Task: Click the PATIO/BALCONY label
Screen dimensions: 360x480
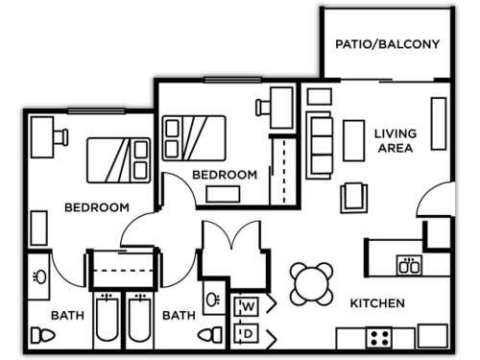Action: pyautogui.click(x=386, y=44)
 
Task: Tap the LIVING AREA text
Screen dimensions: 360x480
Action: pyautogui.click(x=394, y=141)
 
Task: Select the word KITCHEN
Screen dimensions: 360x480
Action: pyautogui.click(x=376, y=303)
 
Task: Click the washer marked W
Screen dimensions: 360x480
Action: pyautogui.click(x=247, y=306)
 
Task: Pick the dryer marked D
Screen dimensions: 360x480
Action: pyautogui.click(x=247, y=333)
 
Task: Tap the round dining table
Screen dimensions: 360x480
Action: pyautogui.click(x=312, y=284)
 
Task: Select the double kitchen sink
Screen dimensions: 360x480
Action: pyautogui.click(x=410, y=266)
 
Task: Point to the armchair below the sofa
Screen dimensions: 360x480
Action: pyautogui.click(x=353, y=195)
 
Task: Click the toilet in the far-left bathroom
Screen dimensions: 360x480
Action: pyautogui.click(x=41, y=336)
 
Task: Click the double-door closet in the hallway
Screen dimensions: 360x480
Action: pyautogui.click(x=230, y=252)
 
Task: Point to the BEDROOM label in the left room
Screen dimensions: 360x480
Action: pyautogui.click(x=97, y=207)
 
